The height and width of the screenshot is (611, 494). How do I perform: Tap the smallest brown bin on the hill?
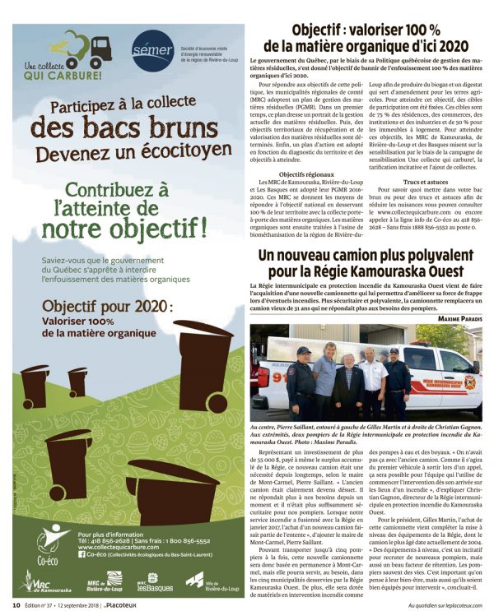[79, 380]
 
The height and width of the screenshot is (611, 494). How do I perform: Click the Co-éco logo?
[50, 539]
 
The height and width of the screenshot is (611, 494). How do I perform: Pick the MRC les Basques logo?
[151, 583]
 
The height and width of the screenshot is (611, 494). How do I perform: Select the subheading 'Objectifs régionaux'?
[301, 174]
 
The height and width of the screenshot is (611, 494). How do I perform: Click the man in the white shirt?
[373, 379]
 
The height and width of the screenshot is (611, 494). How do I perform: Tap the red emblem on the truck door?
[470, 382]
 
